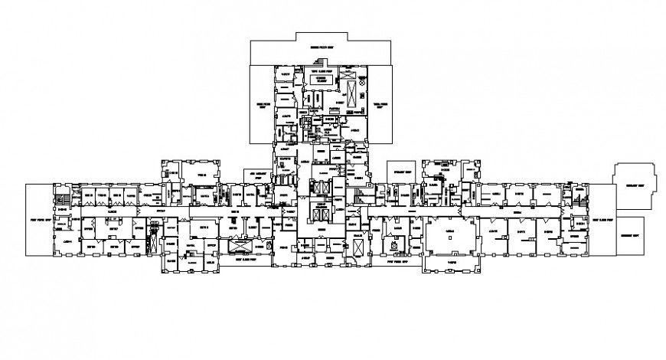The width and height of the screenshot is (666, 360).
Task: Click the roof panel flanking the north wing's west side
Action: [262, 104]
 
